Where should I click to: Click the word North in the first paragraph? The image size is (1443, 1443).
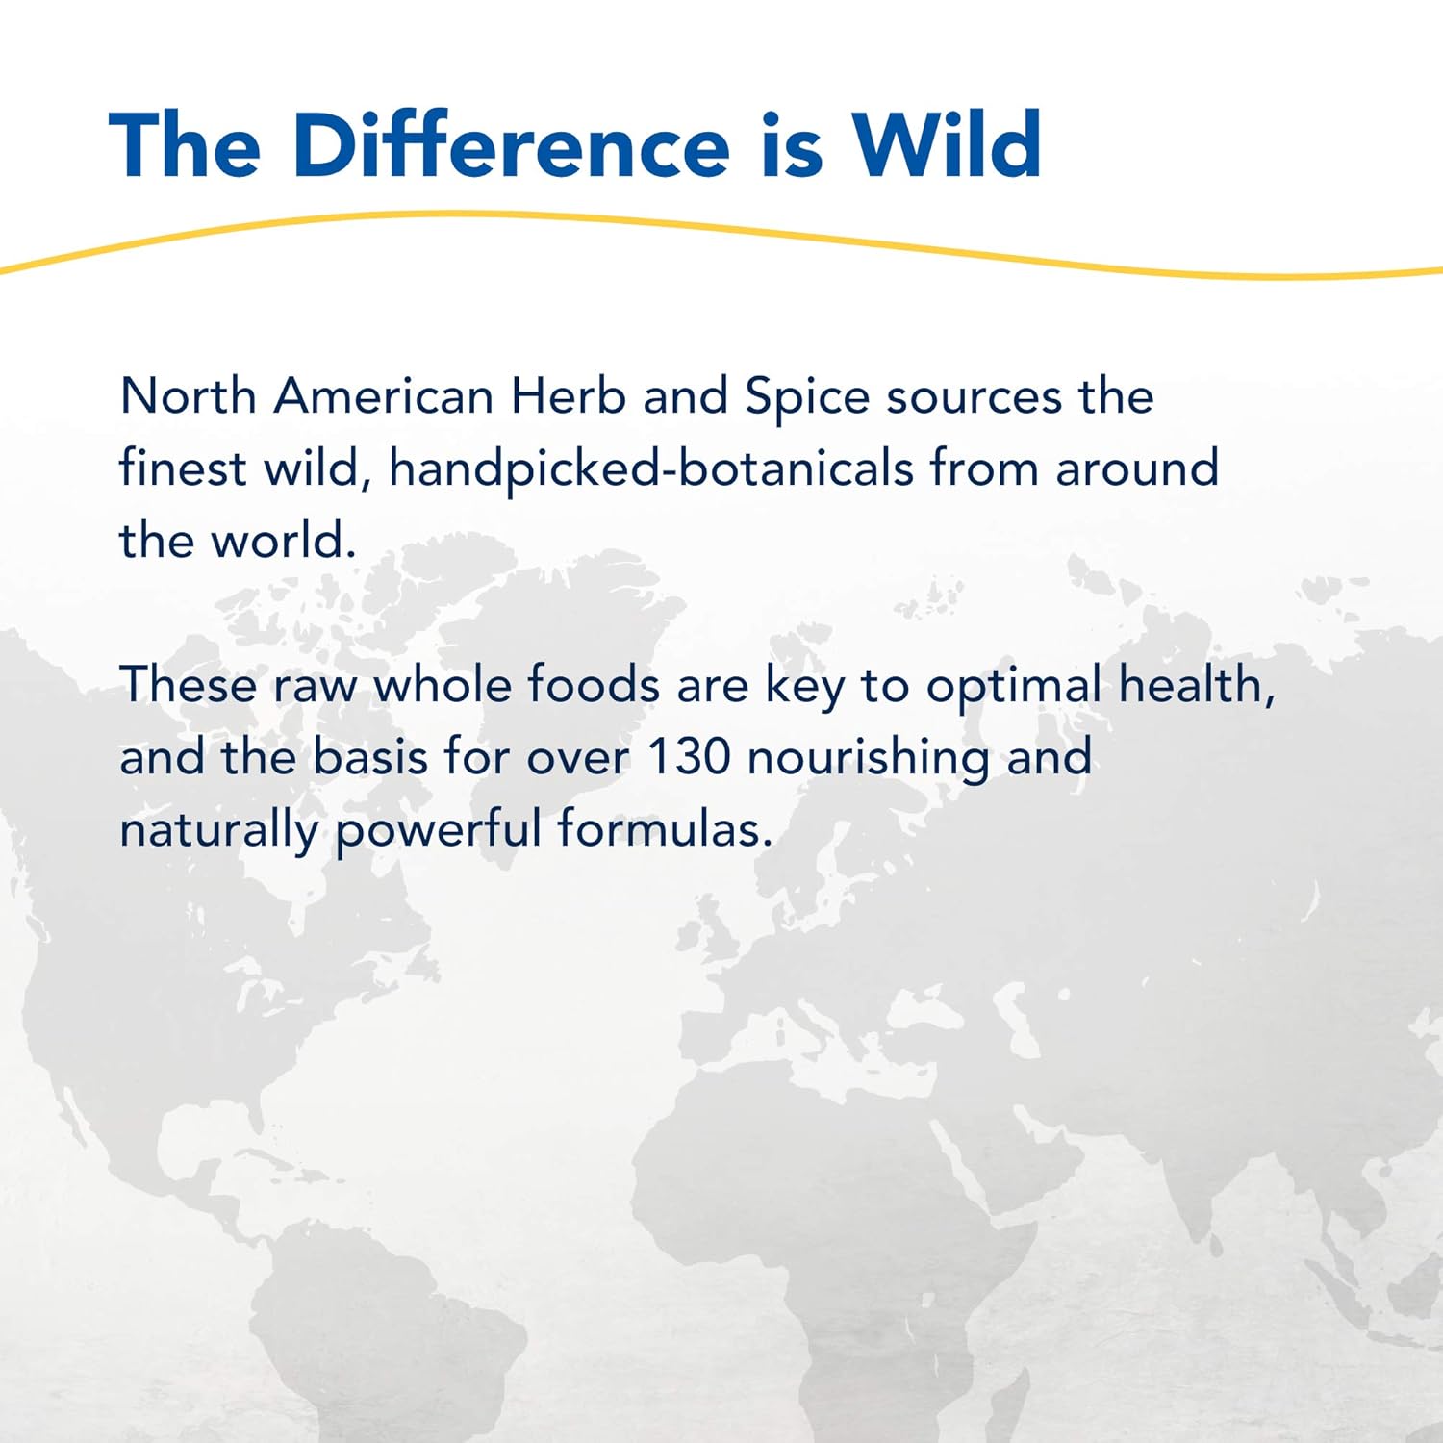[x=188, y=395]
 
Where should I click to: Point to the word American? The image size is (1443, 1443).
[x=383, y=395]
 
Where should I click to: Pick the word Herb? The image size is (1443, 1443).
[x=568, y=395]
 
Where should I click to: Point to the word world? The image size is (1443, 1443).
[x=284, y=540]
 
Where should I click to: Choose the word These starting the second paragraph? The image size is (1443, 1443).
[x=188, y=685]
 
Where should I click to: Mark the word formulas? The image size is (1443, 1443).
[x=665, y=829]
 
